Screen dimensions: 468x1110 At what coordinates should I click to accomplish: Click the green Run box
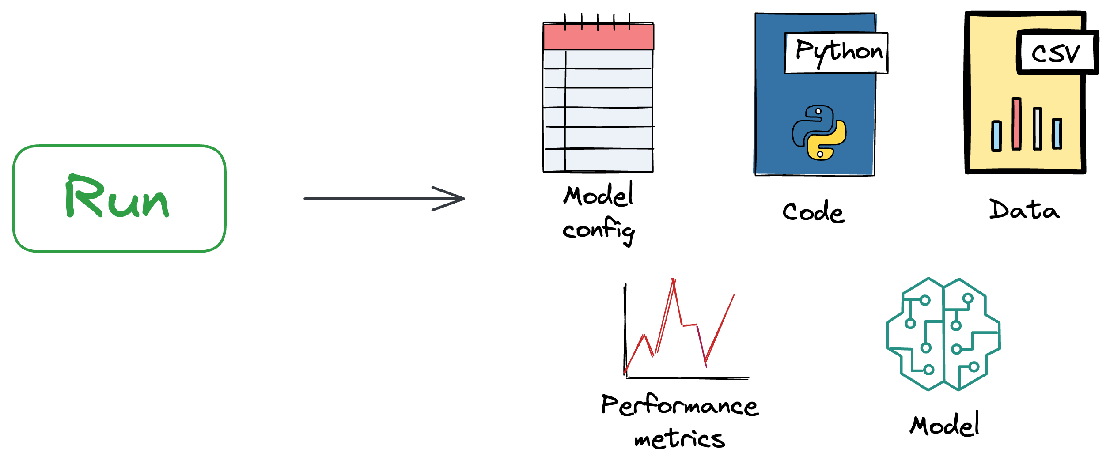coord(119,199)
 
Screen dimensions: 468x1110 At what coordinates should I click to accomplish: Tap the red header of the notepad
coord(598,37)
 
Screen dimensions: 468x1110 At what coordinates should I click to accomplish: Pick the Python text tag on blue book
coord(836,53)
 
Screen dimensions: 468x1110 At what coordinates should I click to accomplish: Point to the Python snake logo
coord(819,132)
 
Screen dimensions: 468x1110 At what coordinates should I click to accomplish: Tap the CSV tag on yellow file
coord(1057,53)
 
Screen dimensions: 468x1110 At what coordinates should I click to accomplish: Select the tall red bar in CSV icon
coord(1016,124)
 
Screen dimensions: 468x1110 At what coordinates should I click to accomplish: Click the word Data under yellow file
coord(1024,209)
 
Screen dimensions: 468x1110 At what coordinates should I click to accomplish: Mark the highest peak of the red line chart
coord(673,280)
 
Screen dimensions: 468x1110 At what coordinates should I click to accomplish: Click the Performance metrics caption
coord(680,422)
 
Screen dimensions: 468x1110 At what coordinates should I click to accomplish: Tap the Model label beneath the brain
coord(944,425)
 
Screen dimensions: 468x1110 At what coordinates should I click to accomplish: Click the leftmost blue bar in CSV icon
coord(996,136)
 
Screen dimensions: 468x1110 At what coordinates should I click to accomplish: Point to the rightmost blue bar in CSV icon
coord(1057,134)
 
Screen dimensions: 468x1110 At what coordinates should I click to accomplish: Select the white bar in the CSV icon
coord(1037,129)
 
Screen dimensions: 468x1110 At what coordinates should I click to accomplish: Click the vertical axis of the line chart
coord(625,331)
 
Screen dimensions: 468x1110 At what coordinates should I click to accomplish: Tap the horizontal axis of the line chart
coord(687,378)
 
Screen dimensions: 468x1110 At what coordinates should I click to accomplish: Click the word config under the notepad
coord(599,230)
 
